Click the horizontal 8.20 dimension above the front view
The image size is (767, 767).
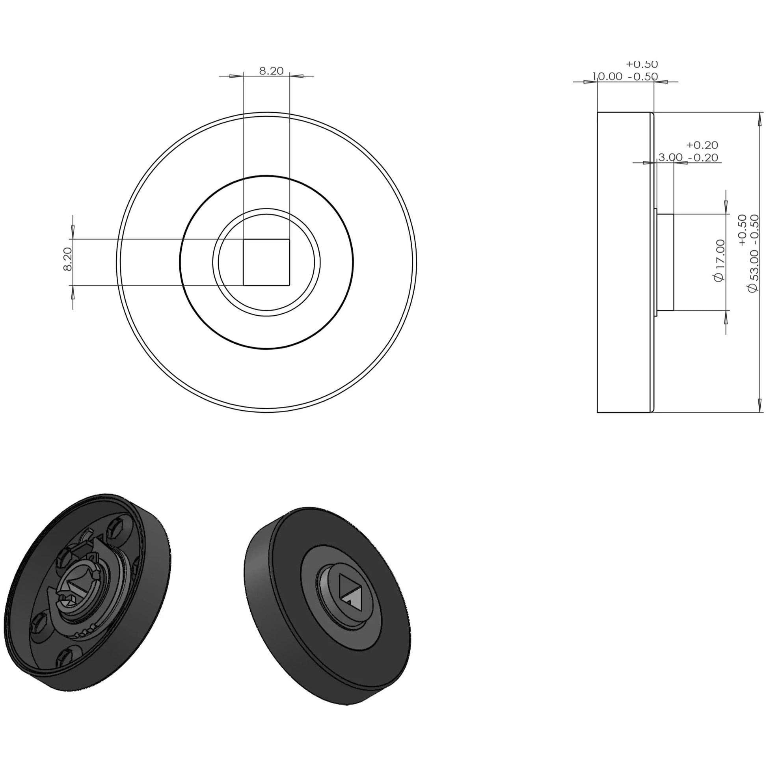point(271,71)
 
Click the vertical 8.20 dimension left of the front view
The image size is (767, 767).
point(68,259)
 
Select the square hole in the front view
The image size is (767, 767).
point(266,262)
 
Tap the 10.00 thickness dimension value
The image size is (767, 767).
point(607,76)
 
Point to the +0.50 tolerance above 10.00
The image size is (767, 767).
point(642,64)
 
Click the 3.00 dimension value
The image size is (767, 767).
point(670,157)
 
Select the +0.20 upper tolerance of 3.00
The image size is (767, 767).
point(702,145)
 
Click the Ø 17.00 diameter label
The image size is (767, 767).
point(719,260)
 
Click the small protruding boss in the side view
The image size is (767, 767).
point(665,262)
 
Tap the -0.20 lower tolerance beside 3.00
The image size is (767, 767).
point(703,158)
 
